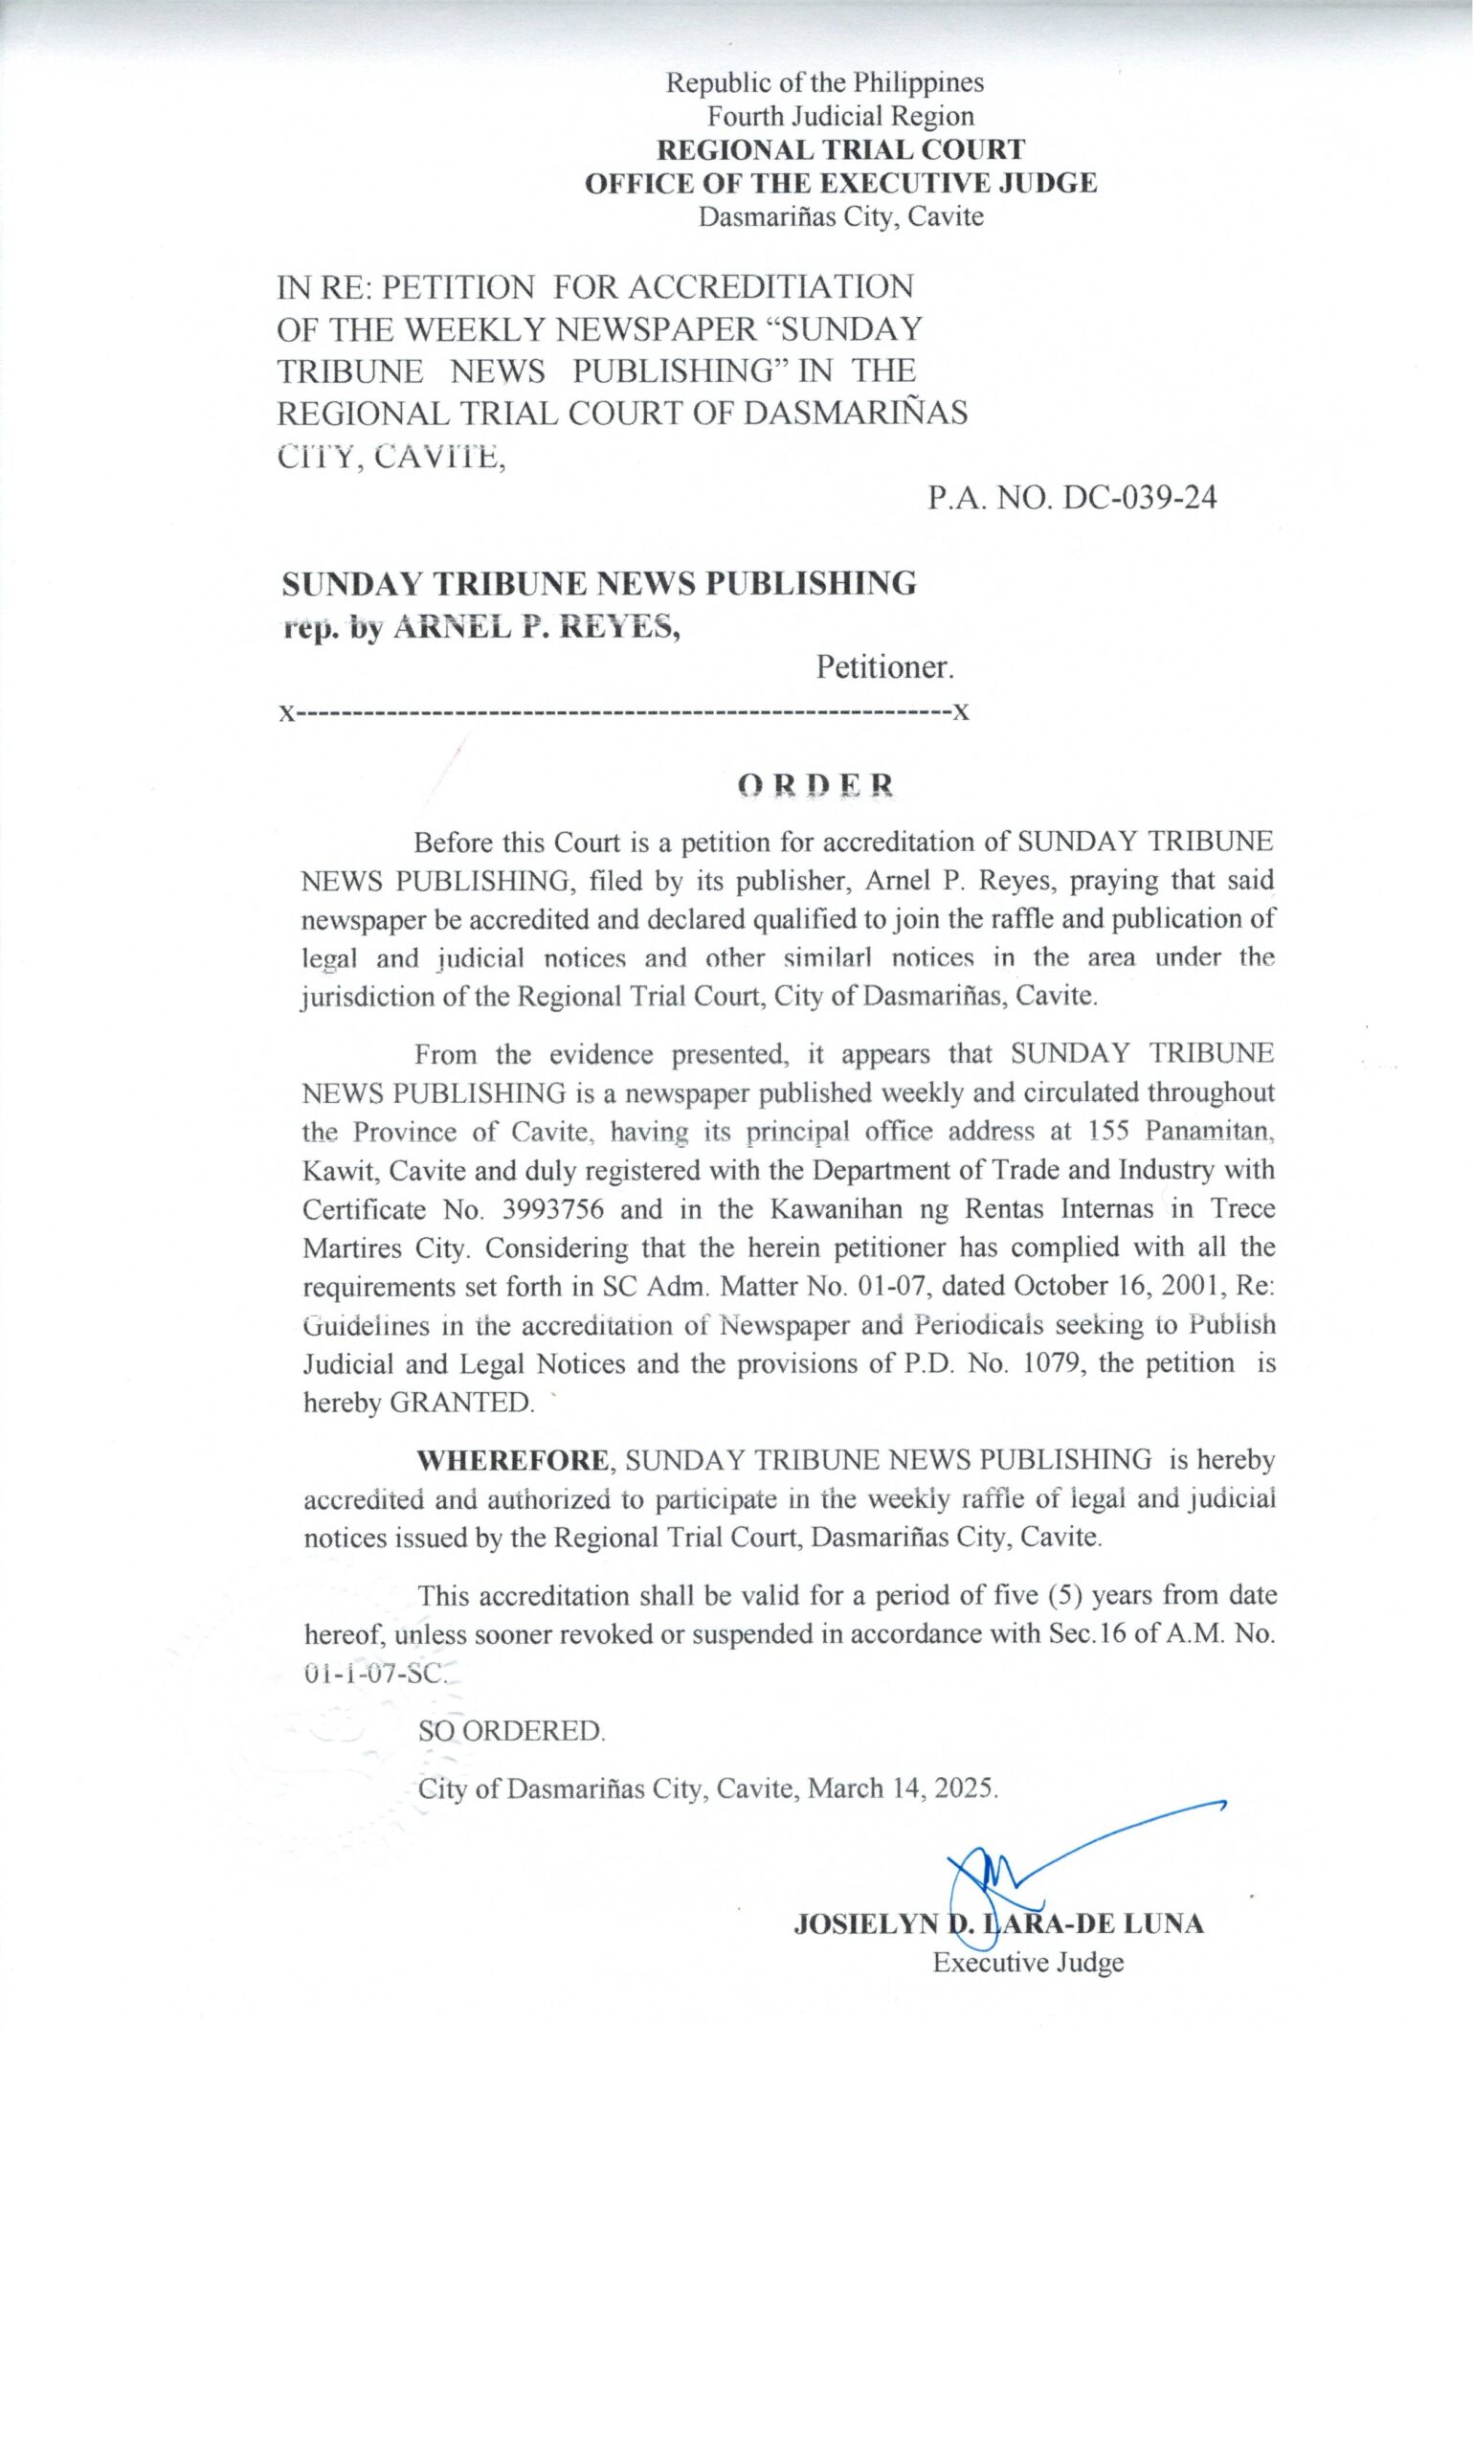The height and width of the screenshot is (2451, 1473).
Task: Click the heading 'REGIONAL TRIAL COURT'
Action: [x=839, y=150]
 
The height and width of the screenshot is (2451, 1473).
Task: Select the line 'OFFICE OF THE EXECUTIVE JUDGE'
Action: [x=839, y=184]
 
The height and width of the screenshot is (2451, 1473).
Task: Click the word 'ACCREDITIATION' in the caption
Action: [x=770, y=287]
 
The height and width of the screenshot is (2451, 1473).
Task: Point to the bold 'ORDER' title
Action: [x=815, y=785]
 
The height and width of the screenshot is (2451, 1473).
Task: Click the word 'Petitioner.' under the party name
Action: [x=884, y=667]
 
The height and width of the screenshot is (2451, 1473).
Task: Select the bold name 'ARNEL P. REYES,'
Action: [x=537, y=626]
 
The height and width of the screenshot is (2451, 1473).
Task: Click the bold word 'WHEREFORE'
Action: [x=513, y=1460]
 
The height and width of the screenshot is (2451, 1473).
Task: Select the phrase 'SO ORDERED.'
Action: [x=511, y=1730]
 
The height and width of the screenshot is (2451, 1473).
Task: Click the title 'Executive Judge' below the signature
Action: [x=1027, y=1963]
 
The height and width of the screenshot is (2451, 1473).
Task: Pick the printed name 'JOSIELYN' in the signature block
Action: [x=865, y=1924]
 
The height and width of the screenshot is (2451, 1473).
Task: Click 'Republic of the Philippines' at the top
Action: [x=824, y=82]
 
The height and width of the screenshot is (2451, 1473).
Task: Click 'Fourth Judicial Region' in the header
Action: [x=839, y=116]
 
